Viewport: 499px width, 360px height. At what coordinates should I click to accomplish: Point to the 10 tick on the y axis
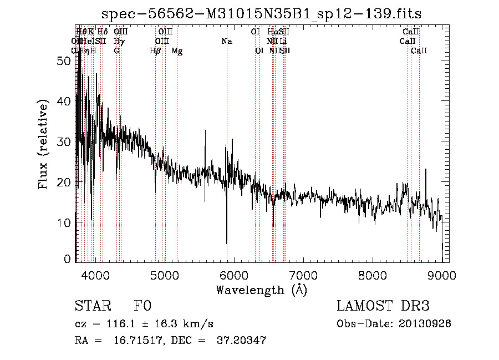(64, 222)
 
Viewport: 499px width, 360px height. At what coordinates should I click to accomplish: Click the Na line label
(226, 42)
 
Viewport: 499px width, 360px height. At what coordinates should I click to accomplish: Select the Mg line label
(177, 51)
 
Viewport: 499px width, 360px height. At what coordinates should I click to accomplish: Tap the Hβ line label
(155, 51)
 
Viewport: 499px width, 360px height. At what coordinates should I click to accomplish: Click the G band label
(116, 51)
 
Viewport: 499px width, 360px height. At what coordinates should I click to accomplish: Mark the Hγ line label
(119, 42)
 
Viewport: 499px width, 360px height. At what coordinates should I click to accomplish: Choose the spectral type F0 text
(142, 307)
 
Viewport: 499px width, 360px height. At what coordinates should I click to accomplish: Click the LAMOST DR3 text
(383, 307)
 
